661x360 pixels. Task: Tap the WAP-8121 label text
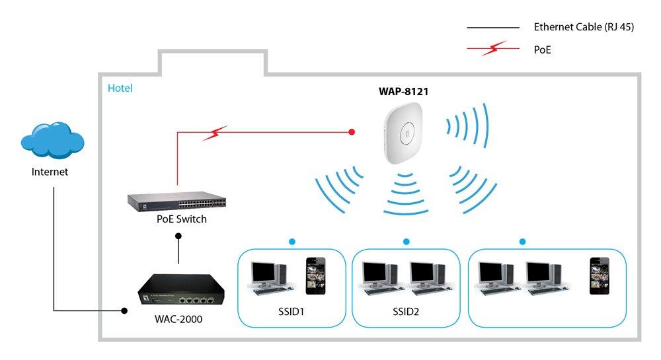tap(399, 92)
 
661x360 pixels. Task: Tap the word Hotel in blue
tap(120, 88)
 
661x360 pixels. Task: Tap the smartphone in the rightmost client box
tap(599, 275)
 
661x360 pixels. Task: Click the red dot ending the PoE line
tap(352, 133)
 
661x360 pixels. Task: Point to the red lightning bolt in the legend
tap(494, 48)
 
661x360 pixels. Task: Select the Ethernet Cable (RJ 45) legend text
tap(584, 28)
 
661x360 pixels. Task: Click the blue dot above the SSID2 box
tap(406, 242)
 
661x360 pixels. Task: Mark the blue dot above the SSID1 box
tap(290, 242)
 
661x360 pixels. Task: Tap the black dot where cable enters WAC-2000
tap(124, 310)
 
